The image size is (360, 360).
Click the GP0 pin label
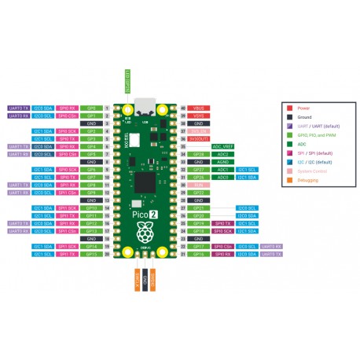[x=91, y=107]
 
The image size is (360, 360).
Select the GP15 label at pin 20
[x=91, y=255]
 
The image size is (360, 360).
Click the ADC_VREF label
[x=222, y=146]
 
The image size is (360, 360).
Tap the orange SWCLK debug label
[x=137, y=281]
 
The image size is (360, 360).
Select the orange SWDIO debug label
[x=155, y=281]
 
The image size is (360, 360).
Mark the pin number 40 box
[x=183, y=107]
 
